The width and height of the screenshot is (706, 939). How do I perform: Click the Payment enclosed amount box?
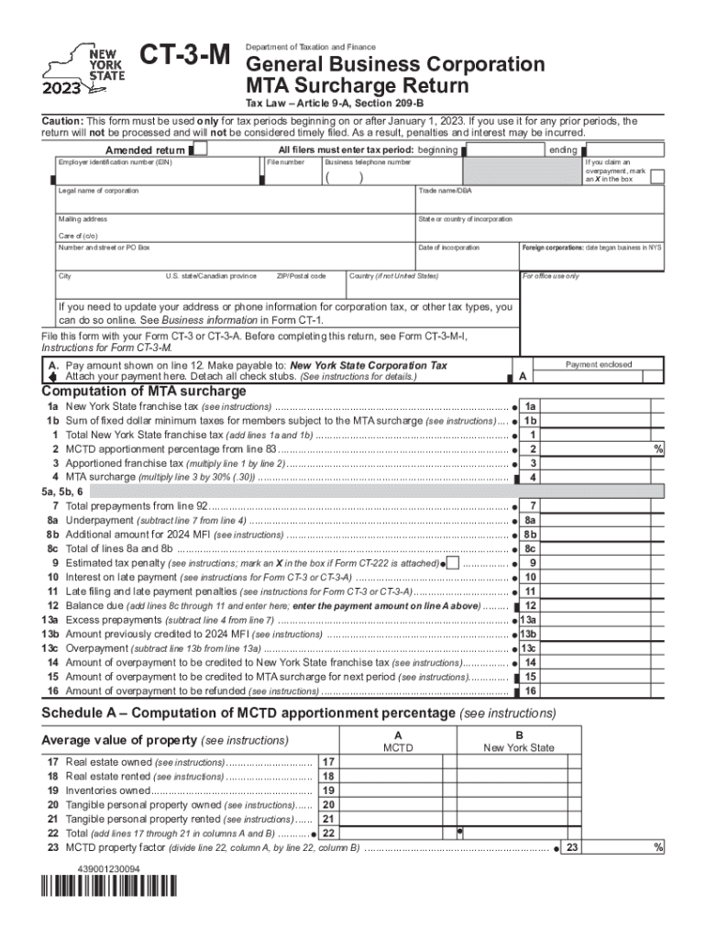click(x=598, y=377)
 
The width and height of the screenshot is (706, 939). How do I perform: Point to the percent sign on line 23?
click(x=658, y=848)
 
